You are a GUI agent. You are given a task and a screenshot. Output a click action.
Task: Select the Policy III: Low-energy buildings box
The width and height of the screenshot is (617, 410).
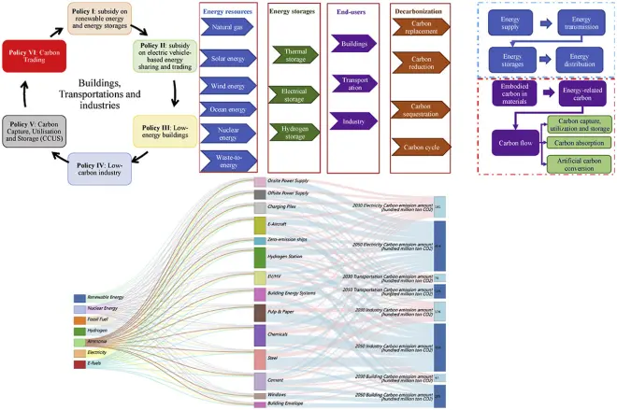click(165, 131)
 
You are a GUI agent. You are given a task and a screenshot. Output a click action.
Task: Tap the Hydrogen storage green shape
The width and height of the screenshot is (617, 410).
click(293, 132)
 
